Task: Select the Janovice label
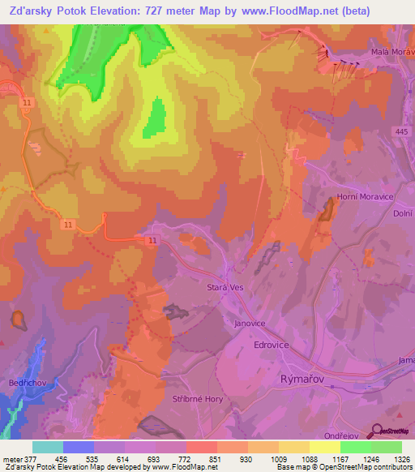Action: [250, 323]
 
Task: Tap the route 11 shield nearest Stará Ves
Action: [152, 241]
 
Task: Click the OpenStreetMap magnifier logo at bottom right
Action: [376, 430]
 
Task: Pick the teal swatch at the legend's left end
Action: [47, 447]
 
